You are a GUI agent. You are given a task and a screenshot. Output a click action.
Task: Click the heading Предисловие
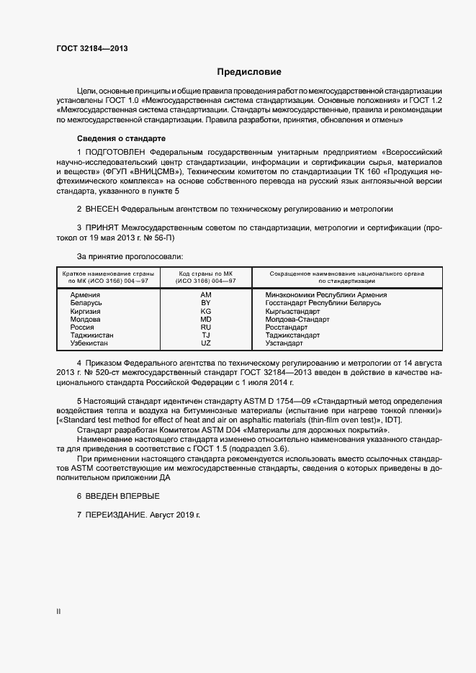249,72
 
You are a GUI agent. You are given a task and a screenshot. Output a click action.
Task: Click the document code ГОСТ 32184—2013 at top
92,48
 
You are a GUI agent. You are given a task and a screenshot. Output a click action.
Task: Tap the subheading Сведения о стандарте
121,138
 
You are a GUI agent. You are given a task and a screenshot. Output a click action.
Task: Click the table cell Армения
85,295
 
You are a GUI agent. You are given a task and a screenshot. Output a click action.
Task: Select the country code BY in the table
205,303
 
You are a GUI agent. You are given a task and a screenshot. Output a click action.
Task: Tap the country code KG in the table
205,311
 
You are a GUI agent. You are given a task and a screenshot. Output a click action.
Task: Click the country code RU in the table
205,327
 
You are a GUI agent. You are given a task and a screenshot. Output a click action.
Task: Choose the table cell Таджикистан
91,335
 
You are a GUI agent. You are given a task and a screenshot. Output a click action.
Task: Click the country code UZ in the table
205,343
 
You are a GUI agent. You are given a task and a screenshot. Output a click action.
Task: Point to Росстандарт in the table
287,327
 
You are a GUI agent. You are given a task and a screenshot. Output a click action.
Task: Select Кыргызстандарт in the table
292,311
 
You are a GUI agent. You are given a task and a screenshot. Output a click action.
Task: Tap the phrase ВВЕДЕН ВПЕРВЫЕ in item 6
123,497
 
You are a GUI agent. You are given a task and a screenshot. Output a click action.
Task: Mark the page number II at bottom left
58,611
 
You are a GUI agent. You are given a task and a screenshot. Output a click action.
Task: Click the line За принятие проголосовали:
130,256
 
